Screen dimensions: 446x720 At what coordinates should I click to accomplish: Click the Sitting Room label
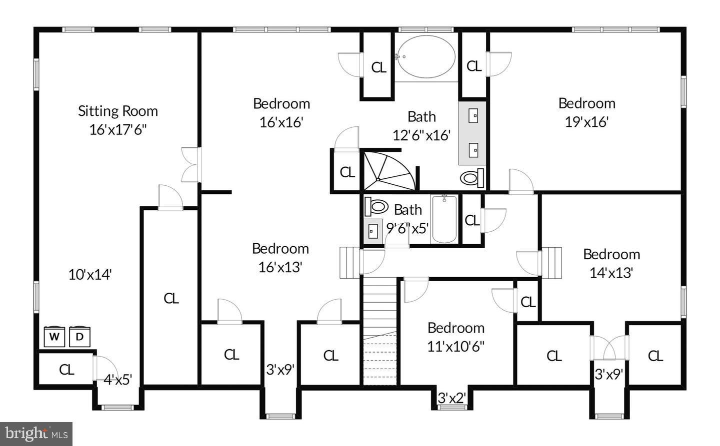[x=117, y=111]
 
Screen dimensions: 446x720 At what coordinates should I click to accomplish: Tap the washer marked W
[x=54, y=337]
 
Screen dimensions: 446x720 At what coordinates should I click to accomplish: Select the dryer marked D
[x=79, y=337]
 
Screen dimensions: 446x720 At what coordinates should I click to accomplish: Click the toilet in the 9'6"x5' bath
[x=376, y=206]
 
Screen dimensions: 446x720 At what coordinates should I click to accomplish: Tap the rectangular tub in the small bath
[x=444, y=219]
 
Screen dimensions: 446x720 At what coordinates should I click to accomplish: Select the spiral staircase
[x=388, y=170]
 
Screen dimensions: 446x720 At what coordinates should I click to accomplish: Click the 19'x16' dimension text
[x=586, y=122]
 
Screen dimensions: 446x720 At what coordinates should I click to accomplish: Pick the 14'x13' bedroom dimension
[x=611, y=273]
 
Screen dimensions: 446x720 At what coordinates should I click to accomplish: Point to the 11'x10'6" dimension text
[x=456, y=346]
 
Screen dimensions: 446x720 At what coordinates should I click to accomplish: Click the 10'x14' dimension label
[x=90, y=274]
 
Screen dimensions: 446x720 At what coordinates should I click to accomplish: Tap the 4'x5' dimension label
[x=117, y=380]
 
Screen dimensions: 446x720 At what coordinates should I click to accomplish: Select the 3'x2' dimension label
[x=452, y=398]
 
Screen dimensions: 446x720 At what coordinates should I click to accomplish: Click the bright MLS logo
[x=36, y=434]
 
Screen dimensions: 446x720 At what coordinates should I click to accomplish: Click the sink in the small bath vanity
[x=372, y=231]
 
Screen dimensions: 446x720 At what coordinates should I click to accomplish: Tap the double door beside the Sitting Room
[x=190, y=164]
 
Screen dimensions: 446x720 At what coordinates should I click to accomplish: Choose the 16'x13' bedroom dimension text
[x=280, y=267]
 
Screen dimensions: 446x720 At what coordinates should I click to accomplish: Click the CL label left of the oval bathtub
[x=378, y=67]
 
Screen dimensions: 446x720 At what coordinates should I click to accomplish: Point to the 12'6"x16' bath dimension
[x=421, y=135]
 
